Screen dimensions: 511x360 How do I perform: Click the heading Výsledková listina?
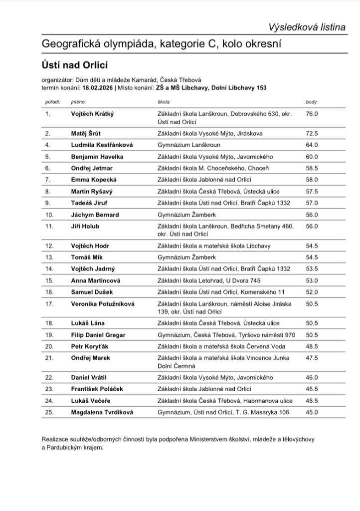(x=307, y=27)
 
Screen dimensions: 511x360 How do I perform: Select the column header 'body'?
(x=311, y=102)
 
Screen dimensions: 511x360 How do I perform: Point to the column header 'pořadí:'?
(x=52, y=102)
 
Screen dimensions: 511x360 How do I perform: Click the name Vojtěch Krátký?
(x=93, y=114)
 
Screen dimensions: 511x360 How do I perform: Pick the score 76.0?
(x=312, y=114)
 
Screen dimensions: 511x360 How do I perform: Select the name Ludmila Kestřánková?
(x=102, y=145)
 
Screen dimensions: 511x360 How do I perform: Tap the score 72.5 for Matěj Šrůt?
(x=312, y=133)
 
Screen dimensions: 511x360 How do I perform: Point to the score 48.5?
(x=312, y=346)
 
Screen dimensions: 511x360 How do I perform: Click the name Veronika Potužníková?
(x=103, y=303)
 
